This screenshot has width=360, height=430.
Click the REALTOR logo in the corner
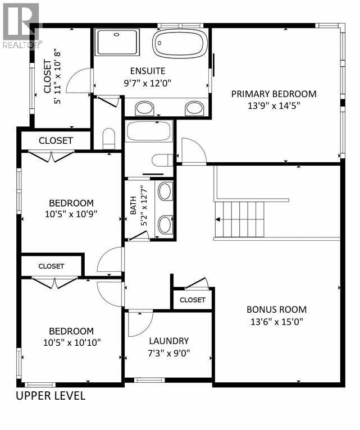pyautogui.click(x=20, y=24)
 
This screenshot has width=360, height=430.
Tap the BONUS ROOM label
pyautogui.click(x=277, y=309)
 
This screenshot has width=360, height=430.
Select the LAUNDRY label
pyautogui.click(x=168, y=341)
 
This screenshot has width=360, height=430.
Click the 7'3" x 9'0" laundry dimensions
pyautogui.click(x=168, y=353)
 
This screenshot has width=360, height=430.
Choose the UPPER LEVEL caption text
pyautogui.click(x=51, y=396)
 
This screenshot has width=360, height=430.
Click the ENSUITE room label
pyautogui.click(x=148, y=71)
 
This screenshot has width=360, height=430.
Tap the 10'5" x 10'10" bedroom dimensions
pyautogui.click(x=71, y=342)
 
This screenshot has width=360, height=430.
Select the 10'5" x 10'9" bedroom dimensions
pyautogui.click(x=71, y=214)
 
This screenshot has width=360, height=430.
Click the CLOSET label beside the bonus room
pyautogui.click(x=193, y=300)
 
